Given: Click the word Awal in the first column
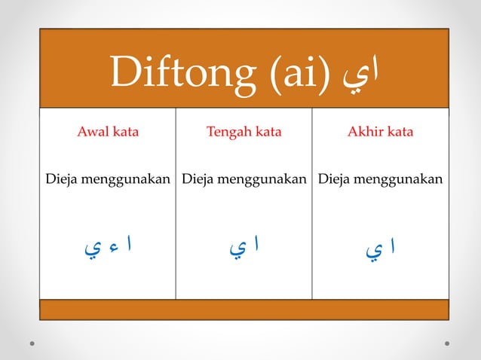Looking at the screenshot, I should point(93,133).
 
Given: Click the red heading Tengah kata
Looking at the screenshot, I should point(244,133).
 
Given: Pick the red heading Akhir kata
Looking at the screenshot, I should point(380,133).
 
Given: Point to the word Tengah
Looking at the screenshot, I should point(228,133).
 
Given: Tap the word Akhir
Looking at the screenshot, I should point(365,133).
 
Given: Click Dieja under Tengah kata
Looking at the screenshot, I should point(199,180).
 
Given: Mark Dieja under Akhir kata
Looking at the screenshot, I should point(335,180).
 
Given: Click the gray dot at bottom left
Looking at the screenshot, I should point(33,343).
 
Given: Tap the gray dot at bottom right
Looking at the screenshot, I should point(447,343).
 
